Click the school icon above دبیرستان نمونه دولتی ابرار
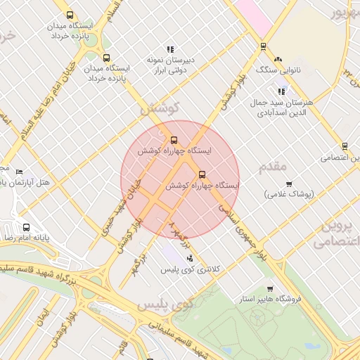(x=170, y=49)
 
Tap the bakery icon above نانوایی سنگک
(x=278, y=60)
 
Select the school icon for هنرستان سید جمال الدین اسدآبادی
(x=282, y=91)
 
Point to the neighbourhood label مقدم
(x=273, y=167)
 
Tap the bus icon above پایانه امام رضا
(x=26, y=227)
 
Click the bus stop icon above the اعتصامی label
(x=345, y=146)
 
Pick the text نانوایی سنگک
(x=279, y=71)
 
